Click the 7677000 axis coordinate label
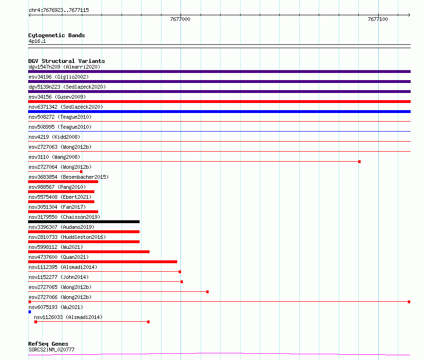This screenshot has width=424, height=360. pyautogui.click(x=180, y=19)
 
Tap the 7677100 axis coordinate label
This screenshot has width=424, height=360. pyautogui.click(x=378, y=19)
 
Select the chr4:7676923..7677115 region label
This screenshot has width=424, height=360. pyautogui.click(x=59, y=10)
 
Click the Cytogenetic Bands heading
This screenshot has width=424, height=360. pyautogui.click(x=57, y=35)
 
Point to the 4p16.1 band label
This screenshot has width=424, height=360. pyautogui.click(x=37, y=41)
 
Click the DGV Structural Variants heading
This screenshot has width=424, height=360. pyautogui.click(x=67, y=61)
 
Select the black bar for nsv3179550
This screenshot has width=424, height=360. pyautogui.click(x=84, y=222)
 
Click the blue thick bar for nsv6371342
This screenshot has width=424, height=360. pyautogui.click(x=219, y=112)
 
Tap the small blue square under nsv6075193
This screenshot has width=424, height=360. pyautogui.click(x=30, y=312)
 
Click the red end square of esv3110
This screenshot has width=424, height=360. pyautogui.click(x=359, y=162)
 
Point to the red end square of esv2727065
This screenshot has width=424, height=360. pyautogui.click(x=207, y=292)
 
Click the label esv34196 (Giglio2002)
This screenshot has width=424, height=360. pyautogui.click(x=59, y=77)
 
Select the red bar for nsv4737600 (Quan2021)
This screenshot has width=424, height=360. pyautogui.click(x=103, y=262)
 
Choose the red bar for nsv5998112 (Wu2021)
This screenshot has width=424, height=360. pyautogui.click(x=89, y=252)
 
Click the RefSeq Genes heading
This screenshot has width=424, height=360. pyautogui.click(x=48, y=344)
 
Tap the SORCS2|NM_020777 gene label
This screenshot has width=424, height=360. pyautogui.click(x=51, y=350)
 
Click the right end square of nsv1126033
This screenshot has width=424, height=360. pyautogui.click(x=149, y=322)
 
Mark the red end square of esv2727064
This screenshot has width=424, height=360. pyautogui.click(x=81, y=172)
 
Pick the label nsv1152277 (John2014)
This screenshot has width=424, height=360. pyautogui.click(x=59, y=277)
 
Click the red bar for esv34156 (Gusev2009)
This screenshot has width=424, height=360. pyautogui.click(x=219, y=102)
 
